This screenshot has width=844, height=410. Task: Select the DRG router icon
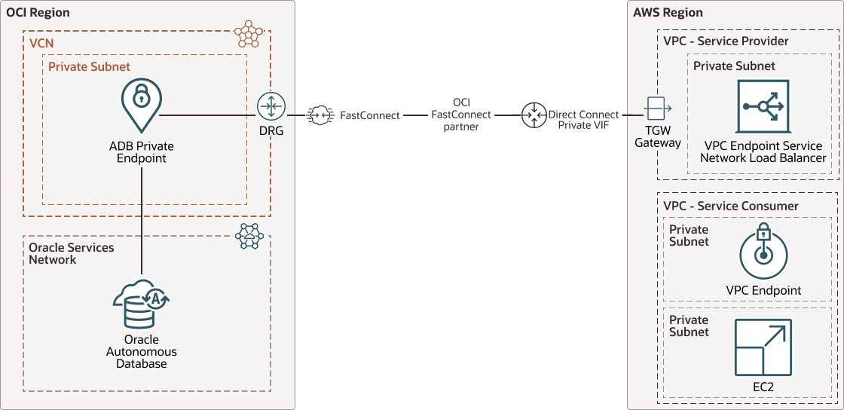[271, 107]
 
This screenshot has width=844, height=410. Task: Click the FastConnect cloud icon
[320, 115]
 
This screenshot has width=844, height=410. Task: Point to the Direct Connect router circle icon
[534, 115]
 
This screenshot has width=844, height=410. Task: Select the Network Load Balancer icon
[763, 107]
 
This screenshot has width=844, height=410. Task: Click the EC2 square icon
[763, 347]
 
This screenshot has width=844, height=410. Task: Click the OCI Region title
[38, 12]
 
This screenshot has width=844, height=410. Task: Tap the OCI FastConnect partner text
[461, 115]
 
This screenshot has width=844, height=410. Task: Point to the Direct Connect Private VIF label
[583, 120]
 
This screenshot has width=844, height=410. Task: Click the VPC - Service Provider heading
[726, 41]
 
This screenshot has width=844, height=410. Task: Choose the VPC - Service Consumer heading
[730, 206]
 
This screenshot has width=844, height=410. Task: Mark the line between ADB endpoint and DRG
[207, 115]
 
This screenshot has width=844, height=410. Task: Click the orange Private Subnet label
[89, 66]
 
